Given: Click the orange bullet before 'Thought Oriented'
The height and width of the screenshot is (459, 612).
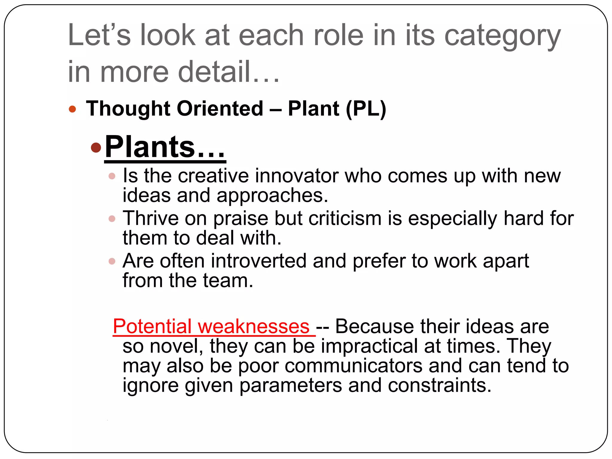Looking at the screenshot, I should click(72, 109).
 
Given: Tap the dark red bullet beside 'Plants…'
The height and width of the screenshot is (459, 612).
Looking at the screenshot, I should click(96, 147).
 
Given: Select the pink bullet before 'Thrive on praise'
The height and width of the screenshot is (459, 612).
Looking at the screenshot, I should click(112, 219).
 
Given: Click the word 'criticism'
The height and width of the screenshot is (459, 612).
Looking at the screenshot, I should click(345, 218).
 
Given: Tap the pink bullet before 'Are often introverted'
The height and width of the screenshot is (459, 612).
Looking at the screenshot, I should click(112, 261).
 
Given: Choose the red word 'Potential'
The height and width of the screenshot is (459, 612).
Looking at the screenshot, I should click(152, 326).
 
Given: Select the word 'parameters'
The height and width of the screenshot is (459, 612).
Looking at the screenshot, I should click(290, 385).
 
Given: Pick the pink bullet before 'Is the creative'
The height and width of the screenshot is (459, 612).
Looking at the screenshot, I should click(112, 176).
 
